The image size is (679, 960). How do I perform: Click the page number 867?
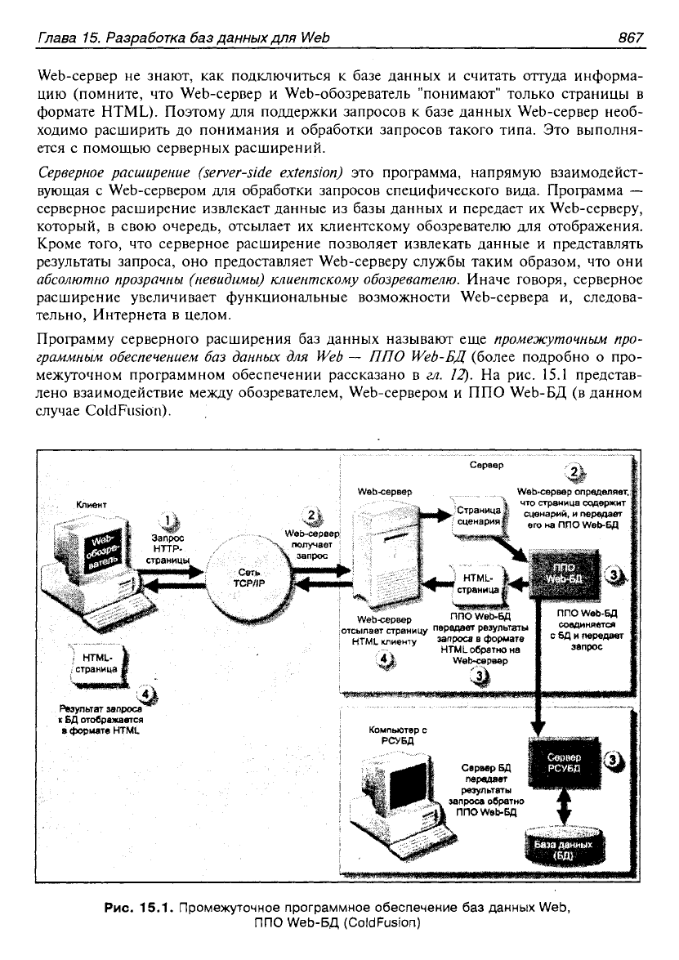pyautogui.click(x=632, y=38)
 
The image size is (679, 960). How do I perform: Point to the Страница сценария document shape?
pyautogui.click(x=480, y=516)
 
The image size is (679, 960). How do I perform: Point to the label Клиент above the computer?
pyautogui.click(x=92, y=504)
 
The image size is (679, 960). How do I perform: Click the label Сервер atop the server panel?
pyautogui.click(x=487, y=465)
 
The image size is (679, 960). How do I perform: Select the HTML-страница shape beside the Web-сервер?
pyautogui.click(x=479, y=583)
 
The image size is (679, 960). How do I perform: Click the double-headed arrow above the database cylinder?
pyautogui.click(x=564, y=804)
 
